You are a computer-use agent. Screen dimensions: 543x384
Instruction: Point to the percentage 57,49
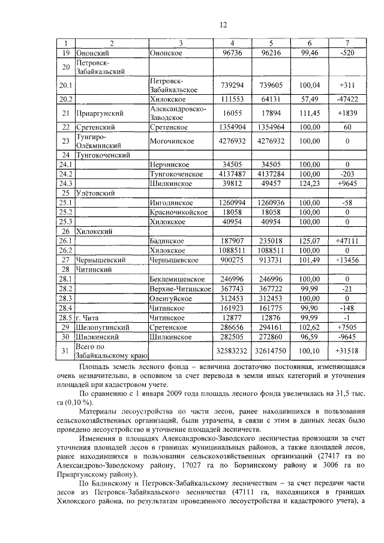(310, 98)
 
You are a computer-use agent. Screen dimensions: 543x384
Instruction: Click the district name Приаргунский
(100, 113)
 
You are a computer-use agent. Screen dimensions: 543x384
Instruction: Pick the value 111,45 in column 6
(310, 113)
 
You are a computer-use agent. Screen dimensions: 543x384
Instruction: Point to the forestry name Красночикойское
(178, 212)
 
